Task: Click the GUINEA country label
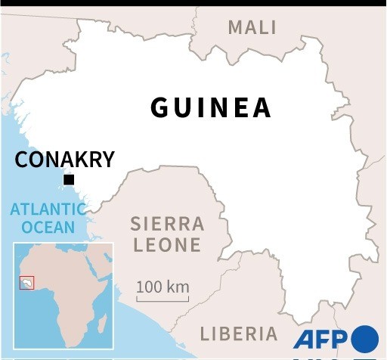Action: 211,107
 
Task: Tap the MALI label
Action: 252,28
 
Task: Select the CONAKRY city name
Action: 65,160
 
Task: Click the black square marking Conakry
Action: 69,180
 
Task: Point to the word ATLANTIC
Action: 43,209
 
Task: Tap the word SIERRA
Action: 167,224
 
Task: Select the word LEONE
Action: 168,245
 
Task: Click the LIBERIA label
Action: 239,334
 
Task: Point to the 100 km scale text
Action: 163,287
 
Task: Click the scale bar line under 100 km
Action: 163,300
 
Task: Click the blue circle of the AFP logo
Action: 364,338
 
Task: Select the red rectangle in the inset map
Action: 27,282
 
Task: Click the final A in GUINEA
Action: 262,107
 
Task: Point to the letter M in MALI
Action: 235,28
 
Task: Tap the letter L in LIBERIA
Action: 204,334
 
